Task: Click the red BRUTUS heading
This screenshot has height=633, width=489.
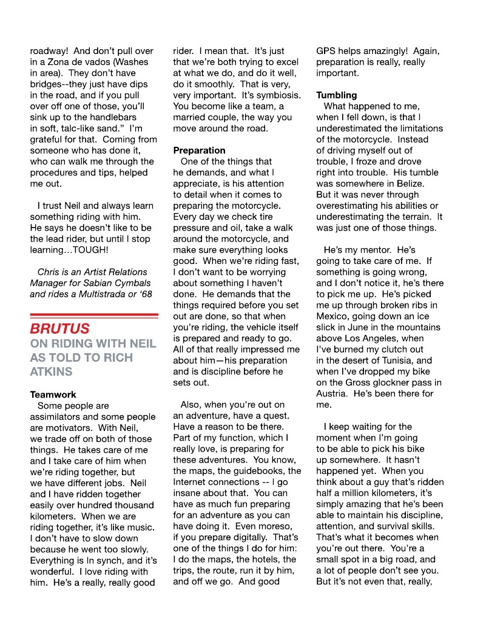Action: pyautogui.click(x=60, y=329)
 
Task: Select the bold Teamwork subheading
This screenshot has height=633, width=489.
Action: pyautogui.click(x=53, y=394)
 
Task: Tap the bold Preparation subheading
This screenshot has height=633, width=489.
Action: pyautogui.click(x=199, y=150)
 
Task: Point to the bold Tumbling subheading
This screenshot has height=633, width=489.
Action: pyautogui.click(x=337, y=95)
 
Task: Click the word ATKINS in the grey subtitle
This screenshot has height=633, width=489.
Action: pyautogui.click(x=51, y=371)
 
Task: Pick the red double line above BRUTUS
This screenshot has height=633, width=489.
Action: pyautogui.click(x=94, y=316)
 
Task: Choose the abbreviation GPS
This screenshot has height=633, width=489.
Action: pyautogui.click(x=327, y=51)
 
